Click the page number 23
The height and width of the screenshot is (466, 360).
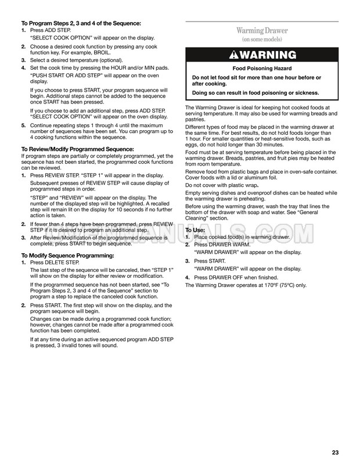335,453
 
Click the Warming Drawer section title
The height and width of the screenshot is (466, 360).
261,30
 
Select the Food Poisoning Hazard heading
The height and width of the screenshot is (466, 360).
261,69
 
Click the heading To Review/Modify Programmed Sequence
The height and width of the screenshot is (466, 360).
77,149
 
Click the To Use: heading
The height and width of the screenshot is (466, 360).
195,231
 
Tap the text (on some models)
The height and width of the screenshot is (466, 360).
261,40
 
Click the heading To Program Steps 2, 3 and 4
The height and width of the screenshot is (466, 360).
81,23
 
